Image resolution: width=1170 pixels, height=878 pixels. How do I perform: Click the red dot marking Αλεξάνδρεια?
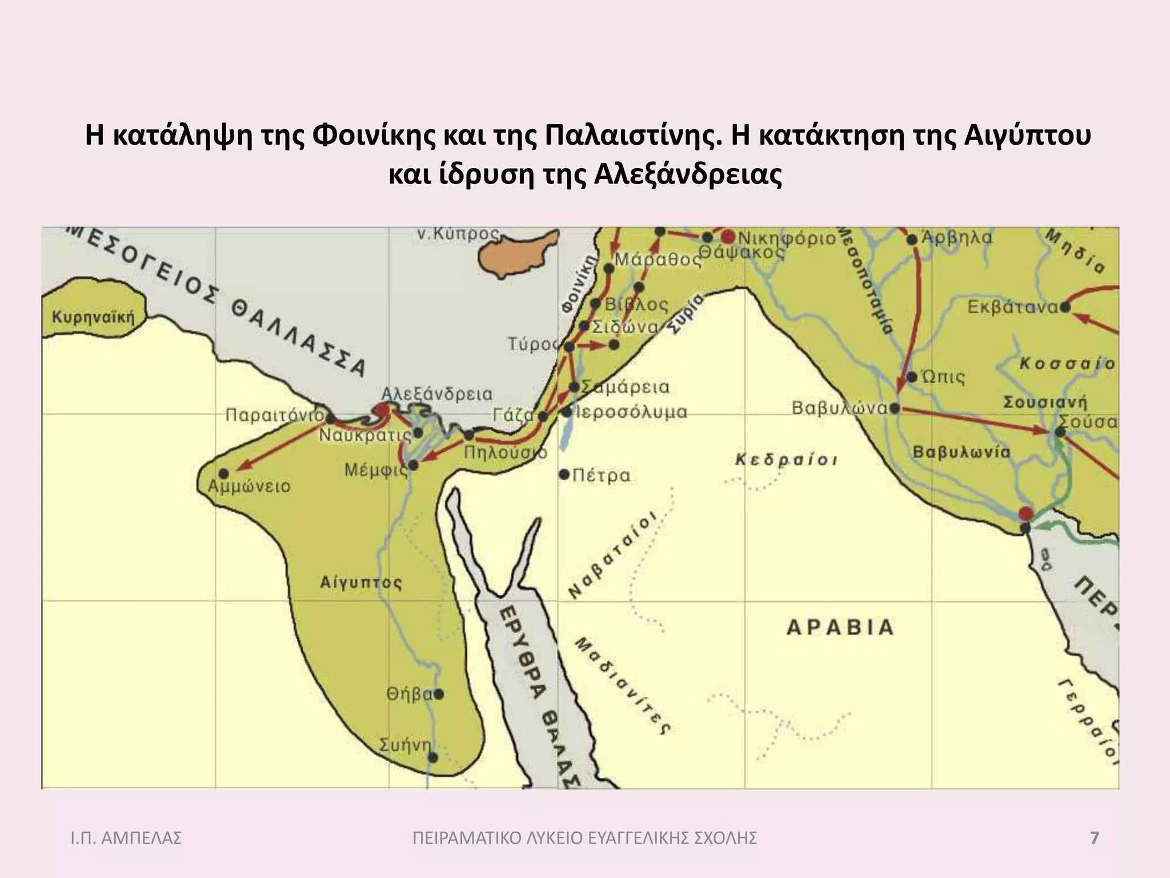pyautogui.click(x=381, y=409)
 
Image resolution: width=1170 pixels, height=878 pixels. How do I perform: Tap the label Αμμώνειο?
pyautogui.click(x=249, y=487)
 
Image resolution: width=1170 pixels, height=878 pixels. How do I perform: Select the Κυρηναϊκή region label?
pyautogui.click(x=93, y=318)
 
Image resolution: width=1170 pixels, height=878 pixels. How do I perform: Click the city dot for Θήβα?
pyautogui.click(x=439, y=695)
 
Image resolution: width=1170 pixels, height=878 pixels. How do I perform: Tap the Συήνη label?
pyautogui.click(x=404, y=745)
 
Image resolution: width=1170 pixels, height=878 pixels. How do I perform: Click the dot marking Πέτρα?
pyautogui.click(x=564, y=474)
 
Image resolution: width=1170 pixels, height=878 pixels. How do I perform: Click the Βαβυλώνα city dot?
pyautogui.click(x=895, y=408)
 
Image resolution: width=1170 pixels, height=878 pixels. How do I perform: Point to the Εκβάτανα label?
pyautogui.click(x=1012, y=308)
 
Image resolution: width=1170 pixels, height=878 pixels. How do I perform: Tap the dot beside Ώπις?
pyautogui.click(x=912, y=377)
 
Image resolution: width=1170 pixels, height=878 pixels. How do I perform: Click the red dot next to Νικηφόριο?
pyautogui.click(x=728, y=237)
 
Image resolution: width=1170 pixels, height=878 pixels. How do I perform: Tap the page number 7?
pyautogui.click(x=1094, y=839)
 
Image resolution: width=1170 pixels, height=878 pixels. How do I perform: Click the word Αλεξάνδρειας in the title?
pyautogui.click(x=687, y=176)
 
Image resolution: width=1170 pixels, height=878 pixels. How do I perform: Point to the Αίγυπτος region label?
pyautogui.click(x=360, y=583)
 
